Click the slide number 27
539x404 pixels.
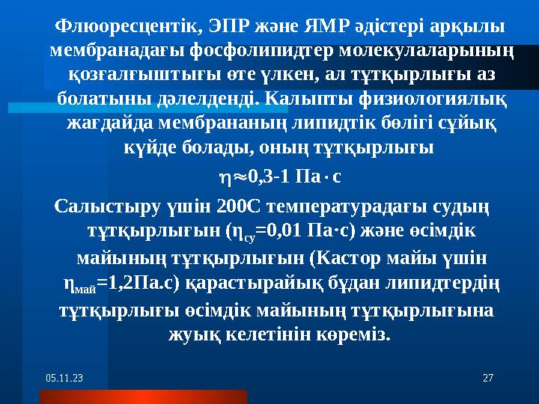pyautogui.click(x=489, y=379)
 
